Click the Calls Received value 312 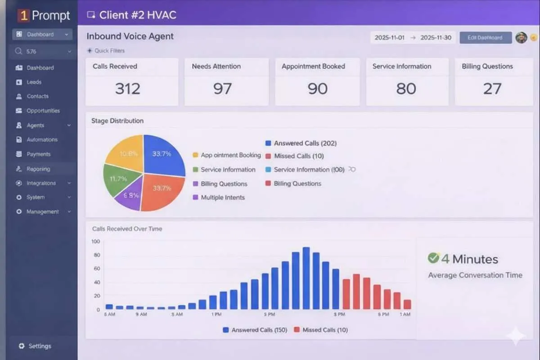[x=128, y=89]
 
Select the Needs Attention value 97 [x=222, y=89]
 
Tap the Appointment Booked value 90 [x=317, y=89]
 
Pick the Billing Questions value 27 [x=492, y=89]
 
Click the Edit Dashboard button [x=485, y=38]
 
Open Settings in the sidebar [x=40, y=346]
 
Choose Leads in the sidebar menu [x=34, y=82]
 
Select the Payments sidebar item [x=38, y=154]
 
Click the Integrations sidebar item [x=41, y=183]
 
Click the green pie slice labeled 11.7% [x=118, y=179]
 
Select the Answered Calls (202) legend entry [x=305, y=143]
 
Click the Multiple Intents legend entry [x=223, y=197]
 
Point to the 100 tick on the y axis [x=95, y=241]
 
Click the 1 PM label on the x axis [x=216, y=314]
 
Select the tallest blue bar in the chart [x=306, y=278]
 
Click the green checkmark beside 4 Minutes [x=433, y=258]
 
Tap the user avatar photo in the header [x=521, y=38]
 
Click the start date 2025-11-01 [x=390, y=38]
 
